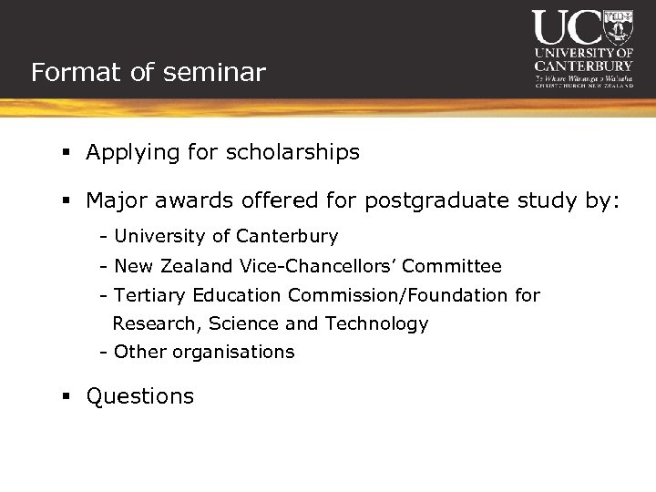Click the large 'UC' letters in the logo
coord(568,27)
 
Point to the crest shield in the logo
coord(619,27)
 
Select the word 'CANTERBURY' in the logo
coord(583,66)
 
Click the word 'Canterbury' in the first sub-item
coord(287,237)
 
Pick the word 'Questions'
coord(140,397)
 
